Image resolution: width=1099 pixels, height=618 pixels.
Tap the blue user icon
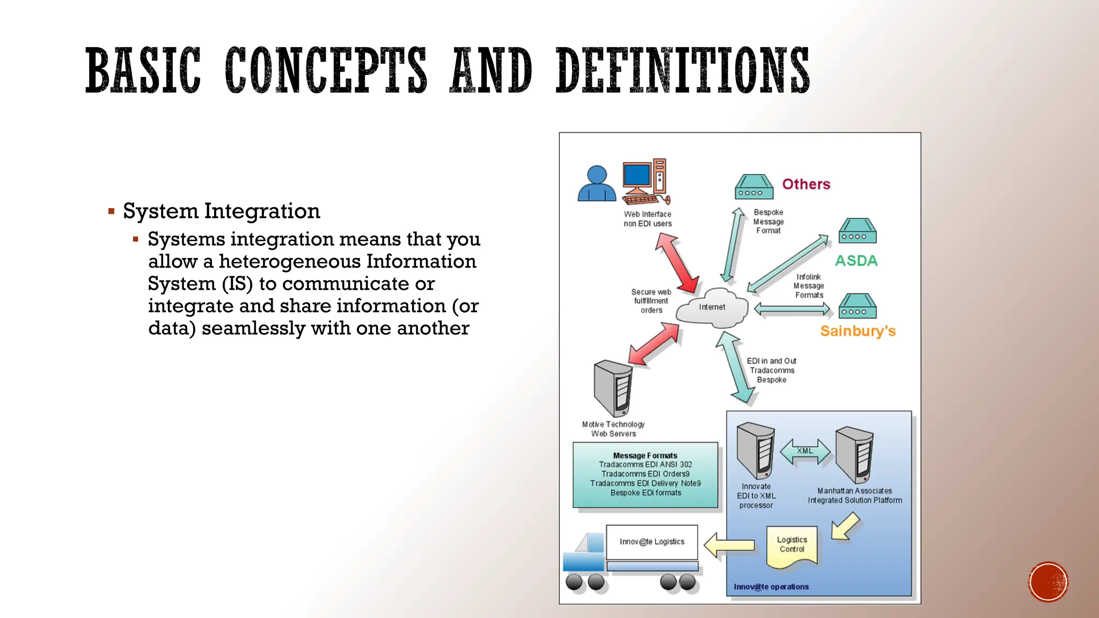597,184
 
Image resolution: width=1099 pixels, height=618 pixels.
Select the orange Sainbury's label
858,331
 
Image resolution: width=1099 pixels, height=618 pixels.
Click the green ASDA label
856,261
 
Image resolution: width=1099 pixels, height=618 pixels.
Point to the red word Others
806,184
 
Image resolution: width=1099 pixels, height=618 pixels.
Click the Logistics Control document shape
792,546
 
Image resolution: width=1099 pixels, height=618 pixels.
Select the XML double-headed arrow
804,452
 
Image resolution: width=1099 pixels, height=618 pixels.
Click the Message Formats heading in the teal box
645,455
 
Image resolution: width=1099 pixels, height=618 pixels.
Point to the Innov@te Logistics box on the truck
652,542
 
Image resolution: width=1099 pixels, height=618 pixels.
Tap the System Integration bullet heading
221,211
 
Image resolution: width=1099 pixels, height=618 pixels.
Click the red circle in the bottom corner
1048,582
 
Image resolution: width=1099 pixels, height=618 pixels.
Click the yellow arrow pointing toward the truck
729,546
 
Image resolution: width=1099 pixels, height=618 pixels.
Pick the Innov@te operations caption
771,587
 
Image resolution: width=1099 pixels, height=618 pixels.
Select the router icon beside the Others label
754,187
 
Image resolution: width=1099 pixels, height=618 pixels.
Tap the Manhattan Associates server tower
855,455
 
